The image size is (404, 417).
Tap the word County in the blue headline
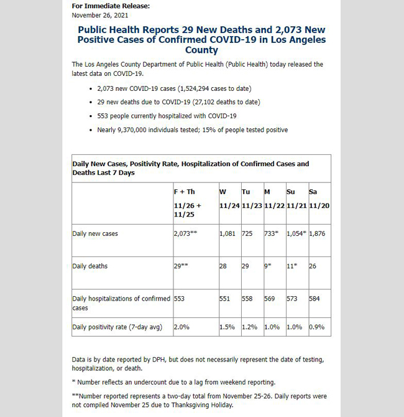point(201,50)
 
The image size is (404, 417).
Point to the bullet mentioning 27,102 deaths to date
point(170,102)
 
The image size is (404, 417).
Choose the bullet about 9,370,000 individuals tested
point(193,129)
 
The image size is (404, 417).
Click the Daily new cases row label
point(95,234)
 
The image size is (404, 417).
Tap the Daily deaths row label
point(90,266)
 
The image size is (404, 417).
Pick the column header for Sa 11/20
point(318,199)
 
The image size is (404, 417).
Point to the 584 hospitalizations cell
point(315,299)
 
